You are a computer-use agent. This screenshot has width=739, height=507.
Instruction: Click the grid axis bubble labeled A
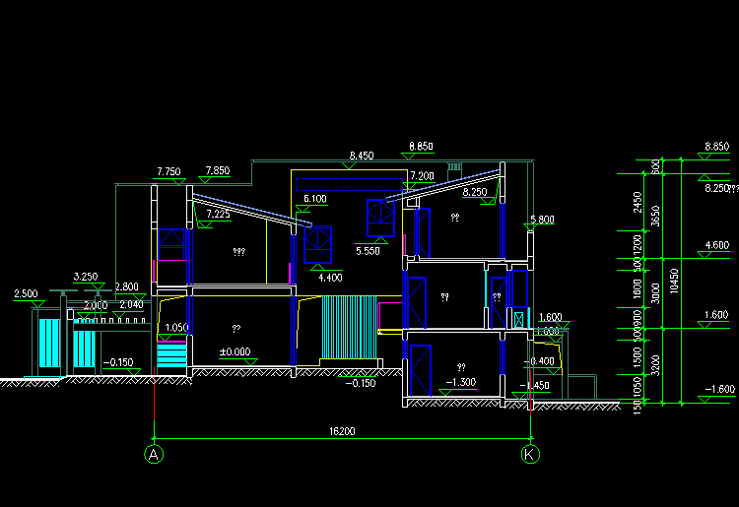coord(154,454)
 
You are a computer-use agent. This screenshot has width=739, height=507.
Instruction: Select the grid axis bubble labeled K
coord(530,454)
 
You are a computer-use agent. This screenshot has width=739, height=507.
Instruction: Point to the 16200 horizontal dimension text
coord(342,431)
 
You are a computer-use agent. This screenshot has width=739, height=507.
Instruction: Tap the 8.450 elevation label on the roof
coord(362,156)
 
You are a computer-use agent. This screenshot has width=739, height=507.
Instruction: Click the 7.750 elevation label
coord(168,171)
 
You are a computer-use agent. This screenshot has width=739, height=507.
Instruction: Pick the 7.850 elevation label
coord(217,171)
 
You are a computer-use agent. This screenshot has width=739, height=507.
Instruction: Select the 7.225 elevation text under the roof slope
coord(218,214)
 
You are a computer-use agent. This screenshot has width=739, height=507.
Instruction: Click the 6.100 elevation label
coord(315,199)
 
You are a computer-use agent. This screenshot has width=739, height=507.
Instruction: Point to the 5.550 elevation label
coord(367,251)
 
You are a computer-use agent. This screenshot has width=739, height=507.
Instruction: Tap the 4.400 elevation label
coord(330,278)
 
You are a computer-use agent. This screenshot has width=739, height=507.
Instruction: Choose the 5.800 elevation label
coord(542,220)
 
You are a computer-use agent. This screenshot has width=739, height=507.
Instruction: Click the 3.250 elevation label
coord(86,278)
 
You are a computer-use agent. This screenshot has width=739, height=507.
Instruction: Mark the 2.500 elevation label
coord(26,293)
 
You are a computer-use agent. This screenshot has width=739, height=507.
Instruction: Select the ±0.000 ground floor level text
coord(235,351)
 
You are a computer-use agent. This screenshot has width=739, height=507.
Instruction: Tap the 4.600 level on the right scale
coord(716,245)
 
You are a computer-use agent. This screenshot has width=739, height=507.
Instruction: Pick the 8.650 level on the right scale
coord(716,147)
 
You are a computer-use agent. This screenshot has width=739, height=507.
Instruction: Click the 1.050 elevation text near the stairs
coord(176,328)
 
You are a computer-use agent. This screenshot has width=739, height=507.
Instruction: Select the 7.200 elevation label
coord(422,175)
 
